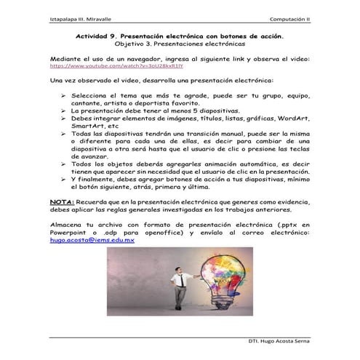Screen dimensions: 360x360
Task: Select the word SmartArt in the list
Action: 93,126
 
